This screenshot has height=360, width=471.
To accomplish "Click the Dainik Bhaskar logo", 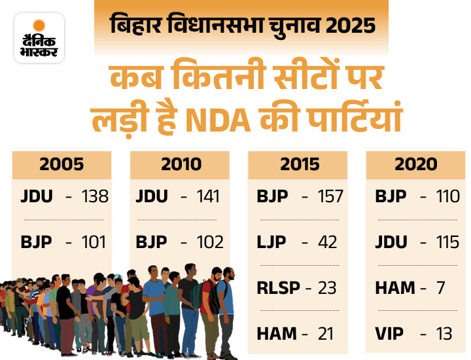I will pyautogui.click(x=39, y=37).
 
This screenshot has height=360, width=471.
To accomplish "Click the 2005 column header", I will pyautogui.click(x=61, y=164).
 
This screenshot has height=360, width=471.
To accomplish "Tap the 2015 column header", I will pyautogui.click(x=298, y=164).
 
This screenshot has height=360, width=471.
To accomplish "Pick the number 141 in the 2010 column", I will pyautogui.click(x=209, y=196).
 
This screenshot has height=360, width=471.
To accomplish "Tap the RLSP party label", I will pyautogui.click(x=275, y=287).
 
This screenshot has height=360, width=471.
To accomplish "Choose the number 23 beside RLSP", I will pyautogui.click(x=327, y=287).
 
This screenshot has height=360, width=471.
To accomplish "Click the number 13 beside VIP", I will pyautogui.click(x=444, y=334).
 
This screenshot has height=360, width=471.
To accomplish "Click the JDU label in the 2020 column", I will pyautogui.click(x=391, y=242).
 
